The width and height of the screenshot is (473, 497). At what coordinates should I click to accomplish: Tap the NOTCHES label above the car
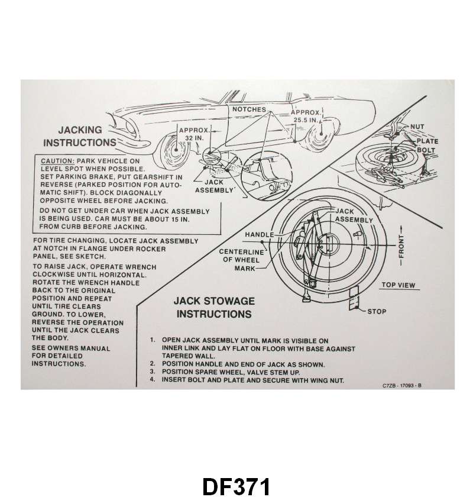[249, 110]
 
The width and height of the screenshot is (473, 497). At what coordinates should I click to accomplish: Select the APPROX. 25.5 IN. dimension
[306, 115]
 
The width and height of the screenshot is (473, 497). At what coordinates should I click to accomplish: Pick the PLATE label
[423, 141]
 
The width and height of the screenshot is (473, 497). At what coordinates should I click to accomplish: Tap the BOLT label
[426, 150]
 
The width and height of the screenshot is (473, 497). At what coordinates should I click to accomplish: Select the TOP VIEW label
[398, 285]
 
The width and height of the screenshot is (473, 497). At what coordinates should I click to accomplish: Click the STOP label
[377, 311]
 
